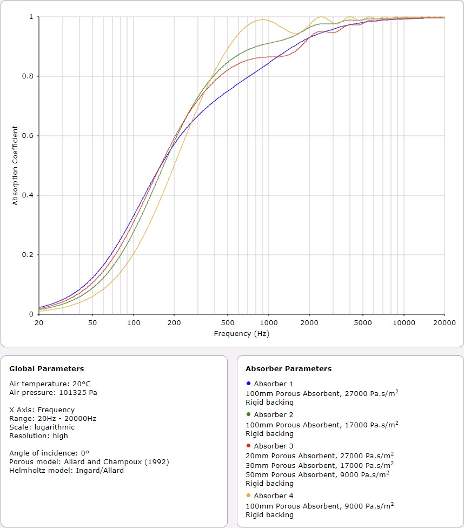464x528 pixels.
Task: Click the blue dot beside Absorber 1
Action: click(x=248, y=384)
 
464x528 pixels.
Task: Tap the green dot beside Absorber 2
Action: click(x=248, y=414)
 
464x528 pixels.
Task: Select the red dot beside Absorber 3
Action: click(x=248, y=446)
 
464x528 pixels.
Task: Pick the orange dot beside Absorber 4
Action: click(x=248, y=496)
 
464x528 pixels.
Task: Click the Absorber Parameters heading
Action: click(x=288, y=369)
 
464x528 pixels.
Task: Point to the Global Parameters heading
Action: click(x=47, y=369)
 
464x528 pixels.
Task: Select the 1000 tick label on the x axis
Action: click(x=268, y=322)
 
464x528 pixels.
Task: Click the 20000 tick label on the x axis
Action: click(x=445, y=322)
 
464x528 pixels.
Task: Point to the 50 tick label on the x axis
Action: click(x=92, y=322)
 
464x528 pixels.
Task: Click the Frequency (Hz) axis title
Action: click(x=241, y=334)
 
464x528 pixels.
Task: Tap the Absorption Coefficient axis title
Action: click(x=15, y=166)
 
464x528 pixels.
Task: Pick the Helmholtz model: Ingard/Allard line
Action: click(x=66, y=470)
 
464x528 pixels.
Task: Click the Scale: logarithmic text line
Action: click(x=42, y=427)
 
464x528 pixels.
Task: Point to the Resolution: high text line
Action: click(x=38, y=435)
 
